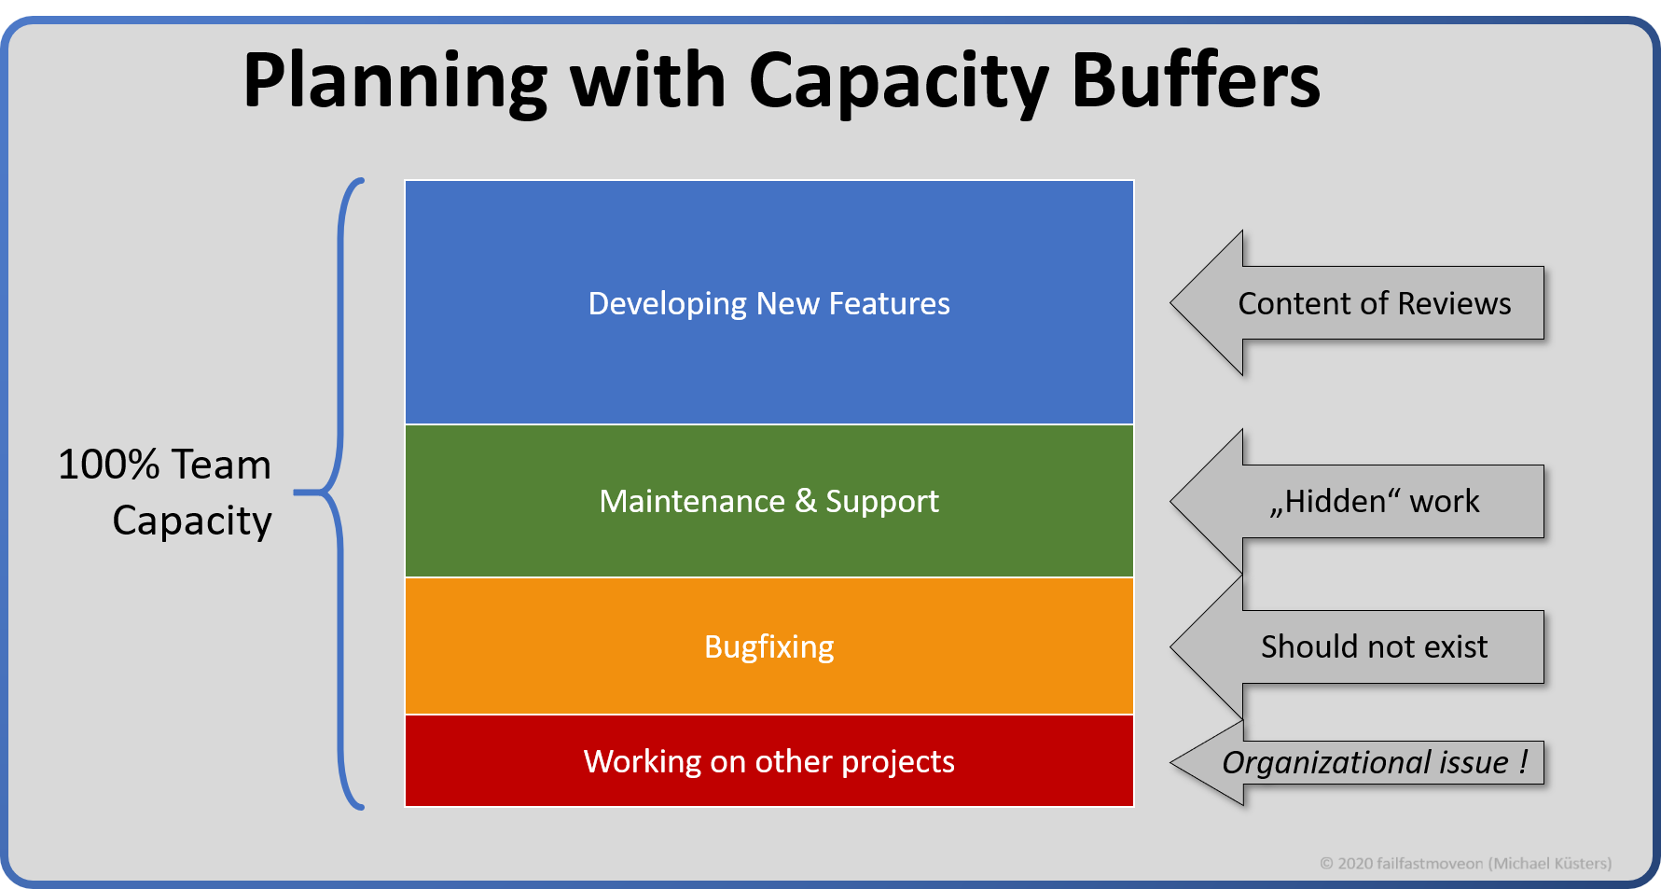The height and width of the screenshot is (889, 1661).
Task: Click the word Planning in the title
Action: click(394, 82)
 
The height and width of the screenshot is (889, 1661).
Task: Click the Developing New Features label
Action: click(768, 303)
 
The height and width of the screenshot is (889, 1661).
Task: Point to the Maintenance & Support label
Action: click(768, 502)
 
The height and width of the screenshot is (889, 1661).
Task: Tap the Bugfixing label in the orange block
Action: click(768, 646)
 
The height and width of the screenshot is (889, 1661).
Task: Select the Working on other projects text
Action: click(768, 761)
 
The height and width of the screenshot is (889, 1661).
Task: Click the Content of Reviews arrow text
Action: click(1374, 303)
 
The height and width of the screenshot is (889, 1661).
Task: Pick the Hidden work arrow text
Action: click(1374, 502)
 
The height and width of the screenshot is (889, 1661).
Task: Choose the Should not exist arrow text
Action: click(1374, 646)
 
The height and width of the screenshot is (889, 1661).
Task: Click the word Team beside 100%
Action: click(221, 465)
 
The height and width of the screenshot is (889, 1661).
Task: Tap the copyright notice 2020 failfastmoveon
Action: click(1465, 864)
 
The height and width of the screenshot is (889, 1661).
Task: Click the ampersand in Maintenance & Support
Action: click(806, 501)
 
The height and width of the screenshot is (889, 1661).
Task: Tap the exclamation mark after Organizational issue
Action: click(1523, 761)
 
